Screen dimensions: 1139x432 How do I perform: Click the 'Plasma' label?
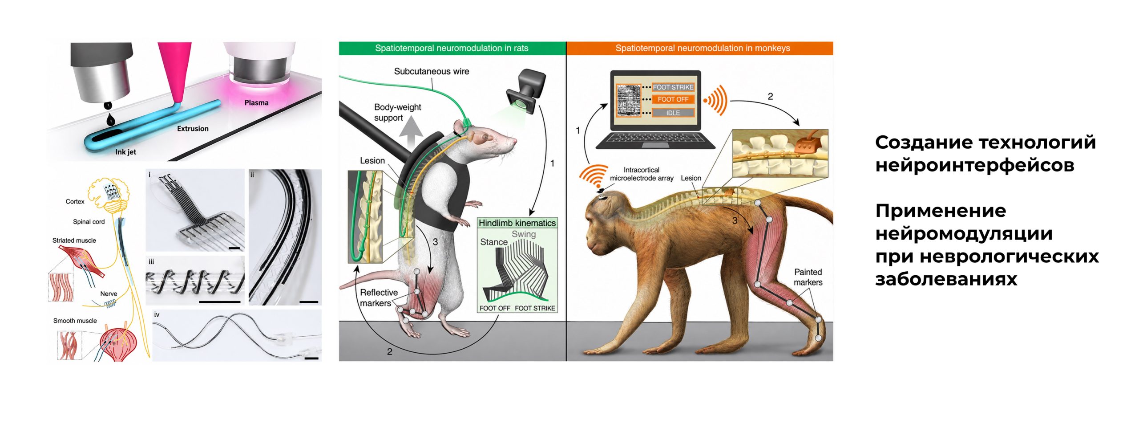256,102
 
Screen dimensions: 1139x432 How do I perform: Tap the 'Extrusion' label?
193,128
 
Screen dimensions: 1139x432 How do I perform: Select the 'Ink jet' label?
125,152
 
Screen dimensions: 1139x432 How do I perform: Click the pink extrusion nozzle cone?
175,71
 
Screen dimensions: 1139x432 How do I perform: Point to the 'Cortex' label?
75,201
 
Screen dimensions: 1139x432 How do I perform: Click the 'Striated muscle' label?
74,240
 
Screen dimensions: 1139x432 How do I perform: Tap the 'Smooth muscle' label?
75,320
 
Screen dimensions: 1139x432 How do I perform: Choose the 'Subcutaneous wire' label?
432,71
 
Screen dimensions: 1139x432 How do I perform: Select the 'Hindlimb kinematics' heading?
517,223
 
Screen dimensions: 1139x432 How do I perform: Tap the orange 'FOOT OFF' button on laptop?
673,99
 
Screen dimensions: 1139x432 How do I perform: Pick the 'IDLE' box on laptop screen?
673,113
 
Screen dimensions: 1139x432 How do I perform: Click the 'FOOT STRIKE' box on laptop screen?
673,87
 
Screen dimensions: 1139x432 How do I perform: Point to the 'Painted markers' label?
808,277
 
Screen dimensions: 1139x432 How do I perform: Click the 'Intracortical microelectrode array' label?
642,174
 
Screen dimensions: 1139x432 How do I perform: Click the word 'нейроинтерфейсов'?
975,165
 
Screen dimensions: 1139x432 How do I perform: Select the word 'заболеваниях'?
946,279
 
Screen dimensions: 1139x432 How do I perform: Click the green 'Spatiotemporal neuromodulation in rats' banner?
452,48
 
